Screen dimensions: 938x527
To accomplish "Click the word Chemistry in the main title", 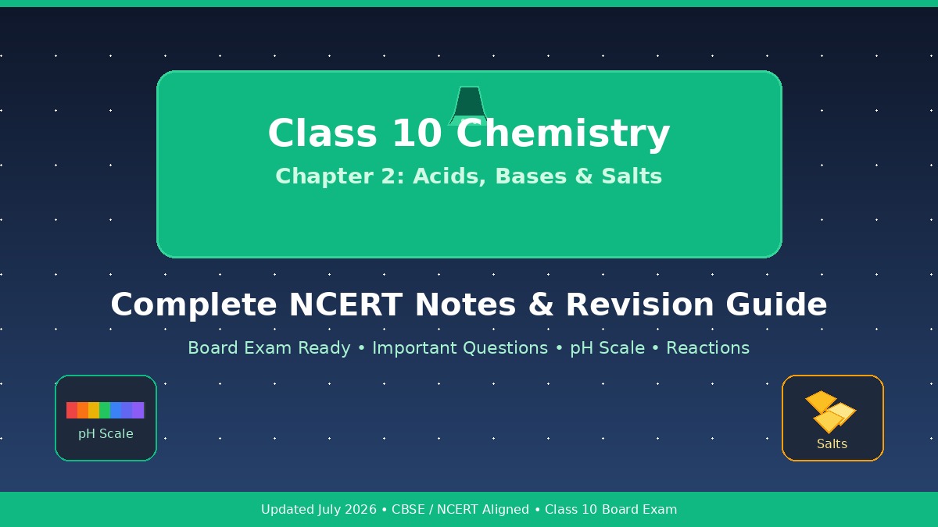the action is (x=563, y=134).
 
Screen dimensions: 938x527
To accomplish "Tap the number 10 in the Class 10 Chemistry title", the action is (x=417, y=133).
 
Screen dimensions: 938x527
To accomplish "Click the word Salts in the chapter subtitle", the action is (x=632, y=176).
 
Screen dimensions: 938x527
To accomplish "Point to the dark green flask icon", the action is (x=468, y=106).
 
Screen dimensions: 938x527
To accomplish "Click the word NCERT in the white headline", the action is (x=346, y=304).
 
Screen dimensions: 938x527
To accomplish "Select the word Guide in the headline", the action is (x=776, y=304).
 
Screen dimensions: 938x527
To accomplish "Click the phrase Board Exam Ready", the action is (x=269, y=348).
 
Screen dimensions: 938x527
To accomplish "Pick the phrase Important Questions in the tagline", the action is (x=460, y=348).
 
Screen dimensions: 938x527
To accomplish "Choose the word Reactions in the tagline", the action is (x=707, y=348).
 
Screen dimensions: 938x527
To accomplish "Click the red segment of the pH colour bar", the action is (x=72, y=411).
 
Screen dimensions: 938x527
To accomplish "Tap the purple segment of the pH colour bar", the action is (x=138, y=411).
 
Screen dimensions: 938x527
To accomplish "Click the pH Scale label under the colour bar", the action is (x=106, y=434).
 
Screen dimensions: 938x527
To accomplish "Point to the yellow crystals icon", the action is (x=830, y=412).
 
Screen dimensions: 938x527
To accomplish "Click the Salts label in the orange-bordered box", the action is (x=832, y=443).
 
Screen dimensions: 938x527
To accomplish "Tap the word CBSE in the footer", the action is (x=408, y=509).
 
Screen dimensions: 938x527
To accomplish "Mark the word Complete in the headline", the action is (x=194, y=305).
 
